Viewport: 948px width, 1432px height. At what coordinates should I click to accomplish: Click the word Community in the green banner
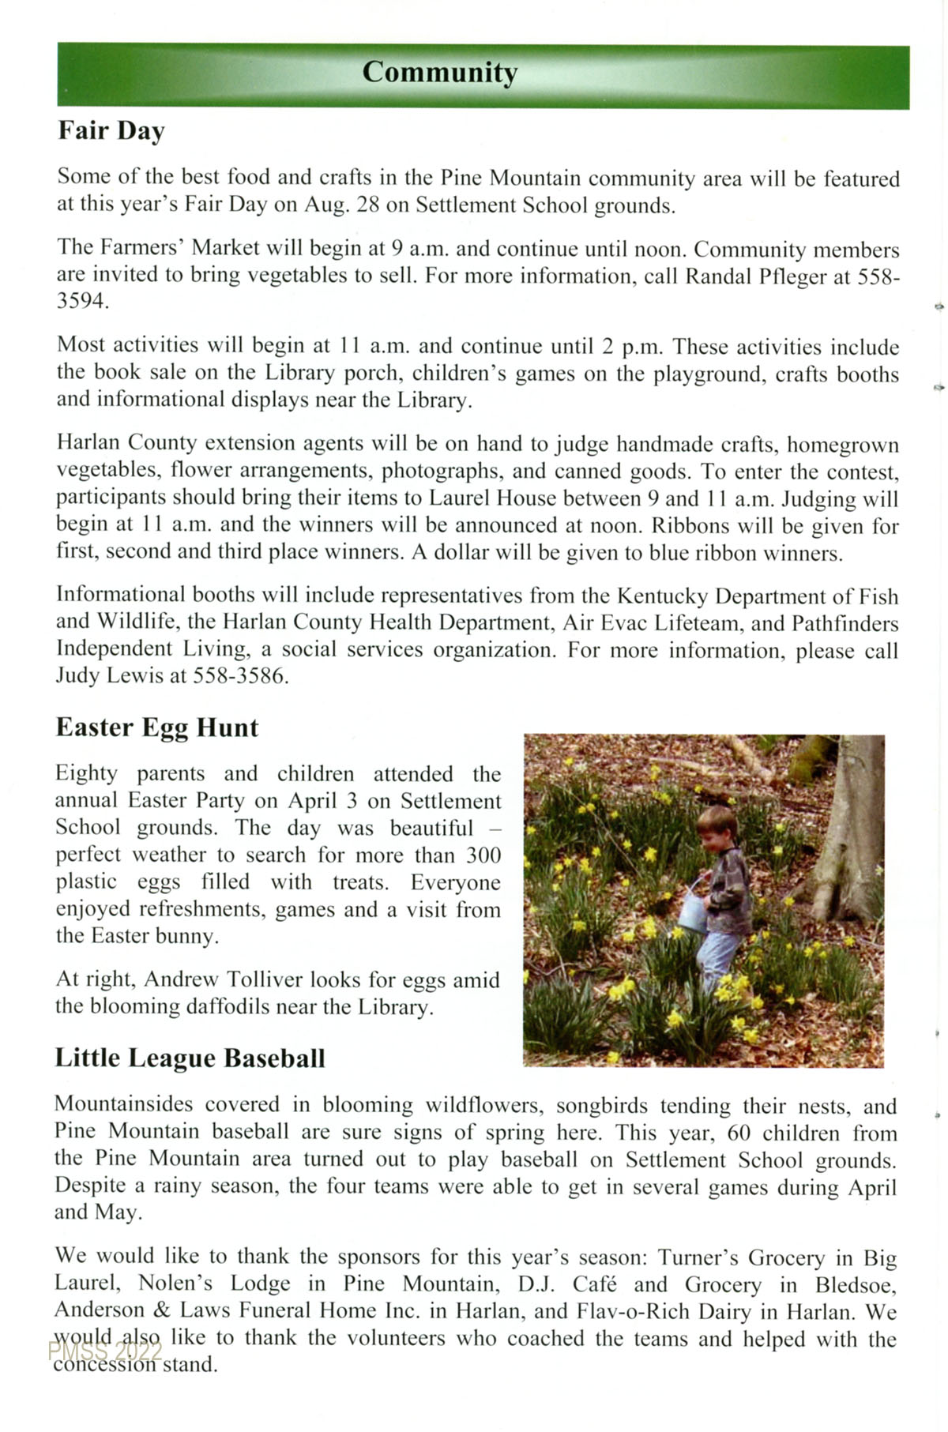point(440,73)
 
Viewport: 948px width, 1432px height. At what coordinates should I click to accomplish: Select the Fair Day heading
point(111,131)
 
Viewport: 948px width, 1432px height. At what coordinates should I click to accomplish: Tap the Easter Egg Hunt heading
point(156,727)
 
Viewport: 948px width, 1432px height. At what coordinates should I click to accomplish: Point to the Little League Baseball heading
point(190,1058)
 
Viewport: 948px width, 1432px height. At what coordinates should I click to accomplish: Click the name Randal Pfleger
point(755,276)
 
